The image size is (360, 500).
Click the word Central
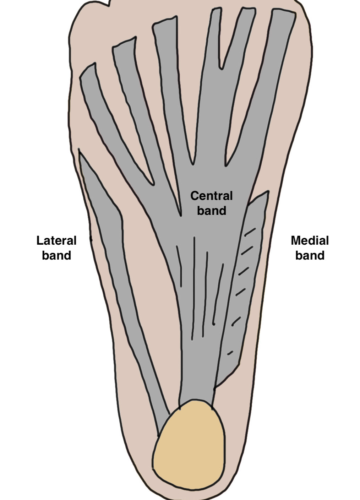point(212,196)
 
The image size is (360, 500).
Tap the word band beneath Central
point(212,211)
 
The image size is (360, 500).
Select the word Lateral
point(56,240)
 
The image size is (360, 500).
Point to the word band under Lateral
point(56,255)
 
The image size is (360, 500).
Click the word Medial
point(310,240)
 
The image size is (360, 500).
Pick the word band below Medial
point(310,255)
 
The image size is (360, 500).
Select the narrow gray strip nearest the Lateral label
point(117,277)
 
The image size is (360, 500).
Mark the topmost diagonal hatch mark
point(250,232)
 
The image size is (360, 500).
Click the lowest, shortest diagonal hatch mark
point(230,353)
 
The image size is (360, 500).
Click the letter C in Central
point(194,196)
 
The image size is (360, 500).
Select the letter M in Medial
point(295,240)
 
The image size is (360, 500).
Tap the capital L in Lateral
point(39,240)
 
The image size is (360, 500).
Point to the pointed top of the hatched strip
point(267,192)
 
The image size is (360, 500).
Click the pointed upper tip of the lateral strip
point(80,152)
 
